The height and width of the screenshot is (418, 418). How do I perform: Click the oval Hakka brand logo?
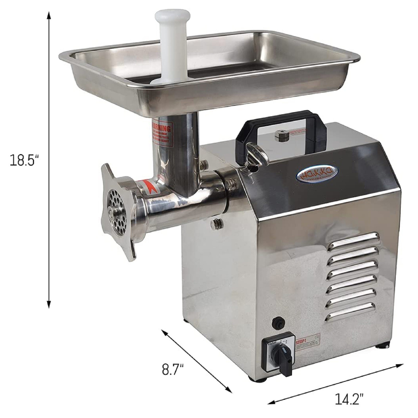(x=317, y=174)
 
